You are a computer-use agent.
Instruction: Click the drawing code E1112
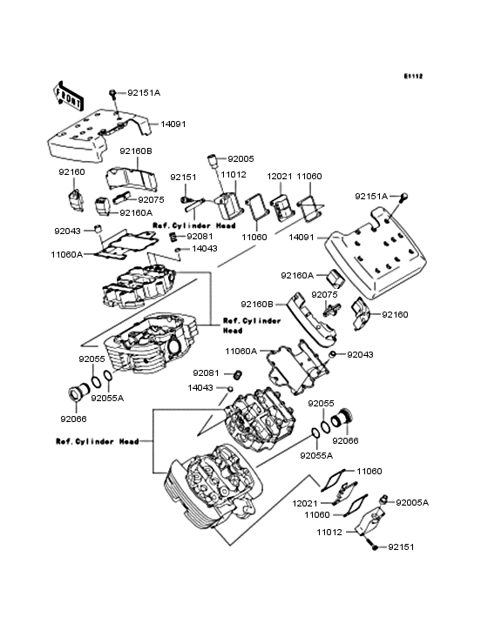coord(412,77)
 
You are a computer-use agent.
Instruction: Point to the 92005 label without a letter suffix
coord(241,159)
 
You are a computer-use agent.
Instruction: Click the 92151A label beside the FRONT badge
coord(144,92)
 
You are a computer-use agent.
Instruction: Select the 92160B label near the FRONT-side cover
coord(136,151)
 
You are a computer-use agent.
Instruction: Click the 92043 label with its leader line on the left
coord(360,354)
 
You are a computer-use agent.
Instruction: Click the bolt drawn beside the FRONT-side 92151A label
coord(113,91)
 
